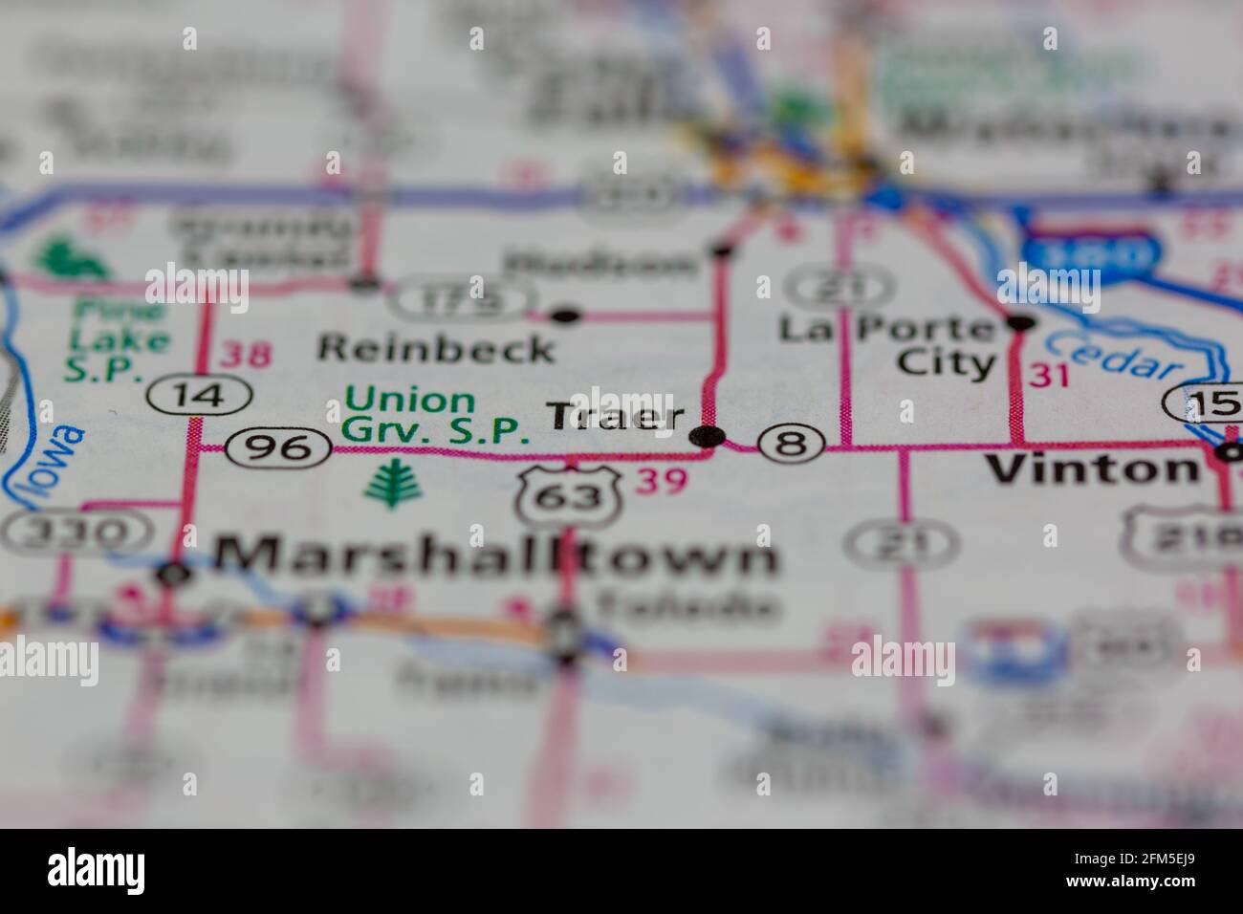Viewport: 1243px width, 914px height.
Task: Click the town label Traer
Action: (x=616, y=417)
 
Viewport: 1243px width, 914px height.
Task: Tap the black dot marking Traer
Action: (x=708, y=438)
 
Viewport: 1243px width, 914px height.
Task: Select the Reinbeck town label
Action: (x=436, y=348)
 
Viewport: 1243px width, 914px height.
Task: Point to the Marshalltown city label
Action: (x=495, y=555)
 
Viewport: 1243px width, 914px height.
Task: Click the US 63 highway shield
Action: (x=571, y=495)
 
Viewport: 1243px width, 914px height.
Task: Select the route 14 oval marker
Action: (x=200, y=394)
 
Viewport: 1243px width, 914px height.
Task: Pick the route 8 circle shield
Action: (x=792, y=443)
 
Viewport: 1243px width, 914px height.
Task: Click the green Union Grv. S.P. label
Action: (x=436, y=415)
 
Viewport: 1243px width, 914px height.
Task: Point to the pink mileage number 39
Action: (x=662, y=481)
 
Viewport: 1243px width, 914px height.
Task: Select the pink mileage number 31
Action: (x=1049, y=376)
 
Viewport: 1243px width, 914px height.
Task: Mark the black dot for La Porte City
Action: (x=1021, y=322)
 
